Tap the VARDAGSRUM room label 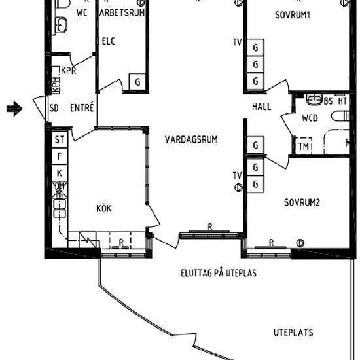pos(191,139)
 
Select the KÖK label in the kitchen pos(103,209)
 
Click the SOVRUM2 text pos(302,202)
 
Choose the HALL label pos(261,107)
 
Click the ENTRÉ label pos(82,108)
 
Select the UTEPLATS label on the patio pos(293,333)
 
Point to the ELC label pos(109,41)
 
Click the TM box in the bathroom pos(304,147)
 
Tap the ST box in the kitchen pos(60,139)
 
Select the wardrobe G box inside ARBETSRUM pos(137,82)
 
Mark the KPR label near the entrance pos(69,71)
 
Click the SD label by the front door pos(54,108)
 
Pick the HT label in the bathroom pos(341,101)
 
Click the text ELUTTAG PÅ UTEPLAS pos(218,272)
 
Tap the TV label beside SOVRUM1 pos(236,43)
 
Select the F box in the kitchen pos(60,156)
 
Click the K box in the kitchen pos(60,173)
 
